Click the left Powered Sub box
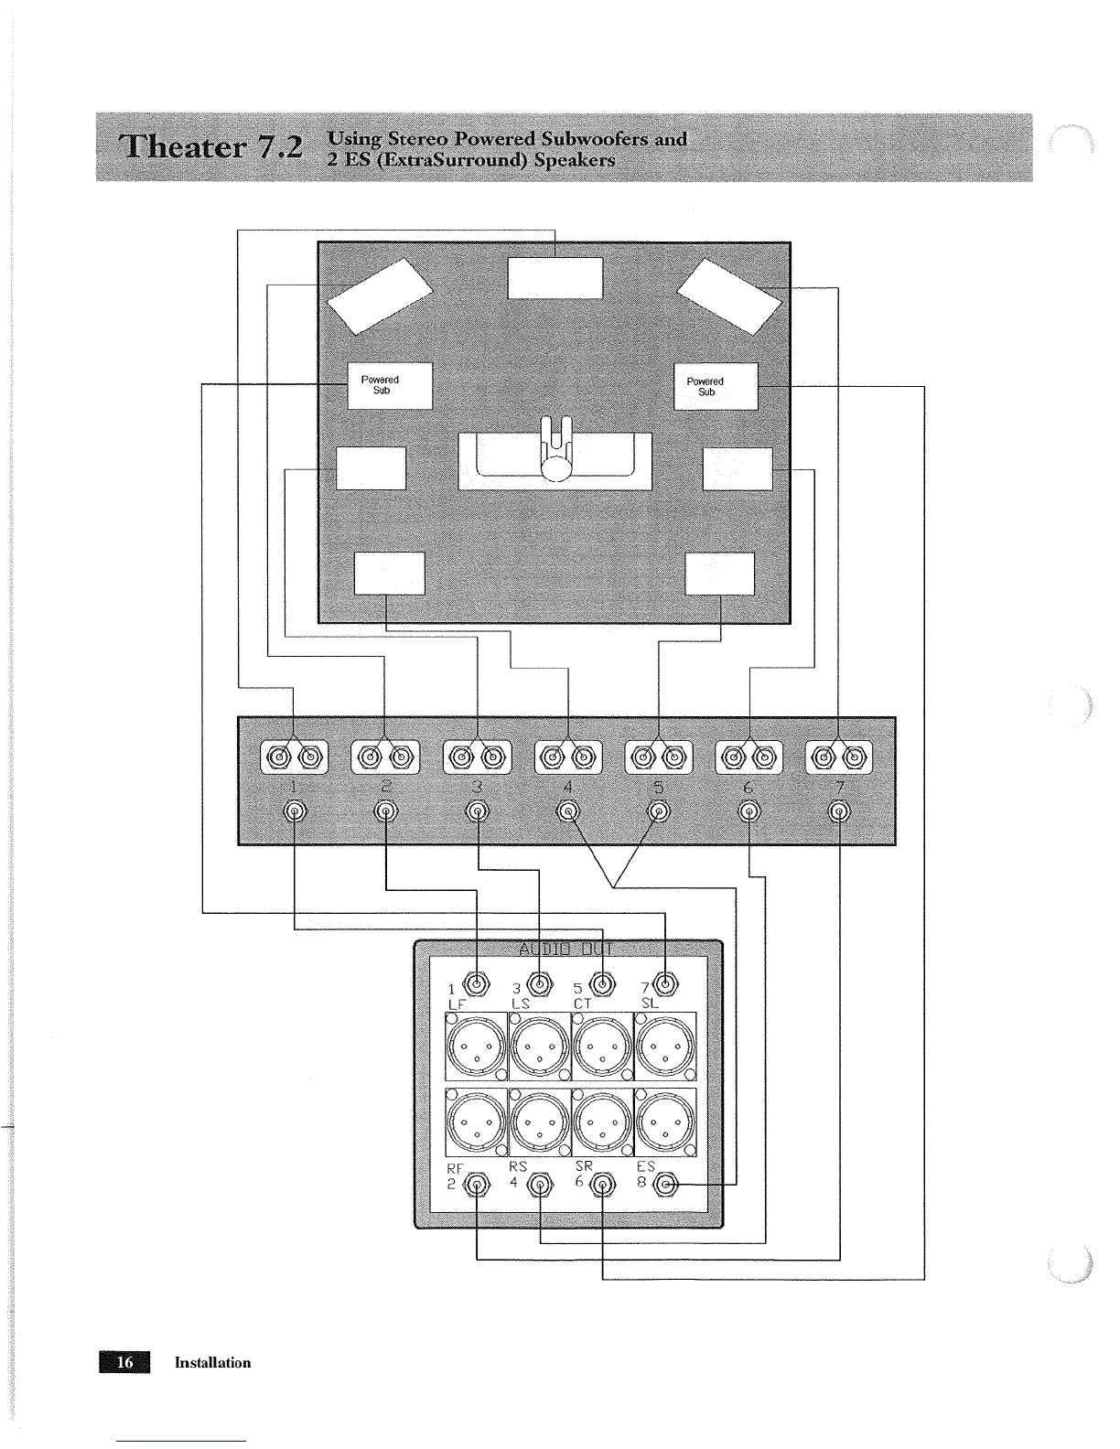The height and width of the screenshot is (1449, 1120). [390, 385]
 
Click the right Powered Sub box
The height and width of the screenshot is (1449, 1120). [716, 385]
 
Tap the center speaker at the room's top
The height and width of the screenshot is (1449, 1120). [555, 278]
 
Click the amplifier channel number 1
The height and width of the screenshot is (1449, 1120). [293, 788]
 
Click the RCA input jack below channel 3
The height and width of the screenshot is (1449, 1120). [477, 811]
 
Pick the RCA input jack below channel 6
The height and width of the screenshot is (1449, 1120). [749, 811]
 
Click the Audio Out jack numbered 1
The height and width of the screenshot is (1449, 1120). [477, 984]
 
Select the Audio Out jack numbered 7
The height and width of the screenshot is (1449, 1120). [666, 984]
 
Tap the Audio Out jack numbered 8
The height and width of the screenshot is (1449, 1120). [668, 1186]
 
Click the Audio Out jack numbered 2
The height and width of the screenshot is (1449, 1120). [477, 1186]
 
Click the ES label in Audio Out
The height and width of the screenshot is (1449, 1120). [646, 1167]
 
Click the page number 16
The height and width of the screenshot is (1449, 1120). [126, 1362]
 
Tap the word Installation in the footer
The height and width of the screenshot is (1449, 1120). [213, 1363]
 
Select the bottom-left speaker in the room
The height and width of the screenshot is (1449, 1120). [389, 574]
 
